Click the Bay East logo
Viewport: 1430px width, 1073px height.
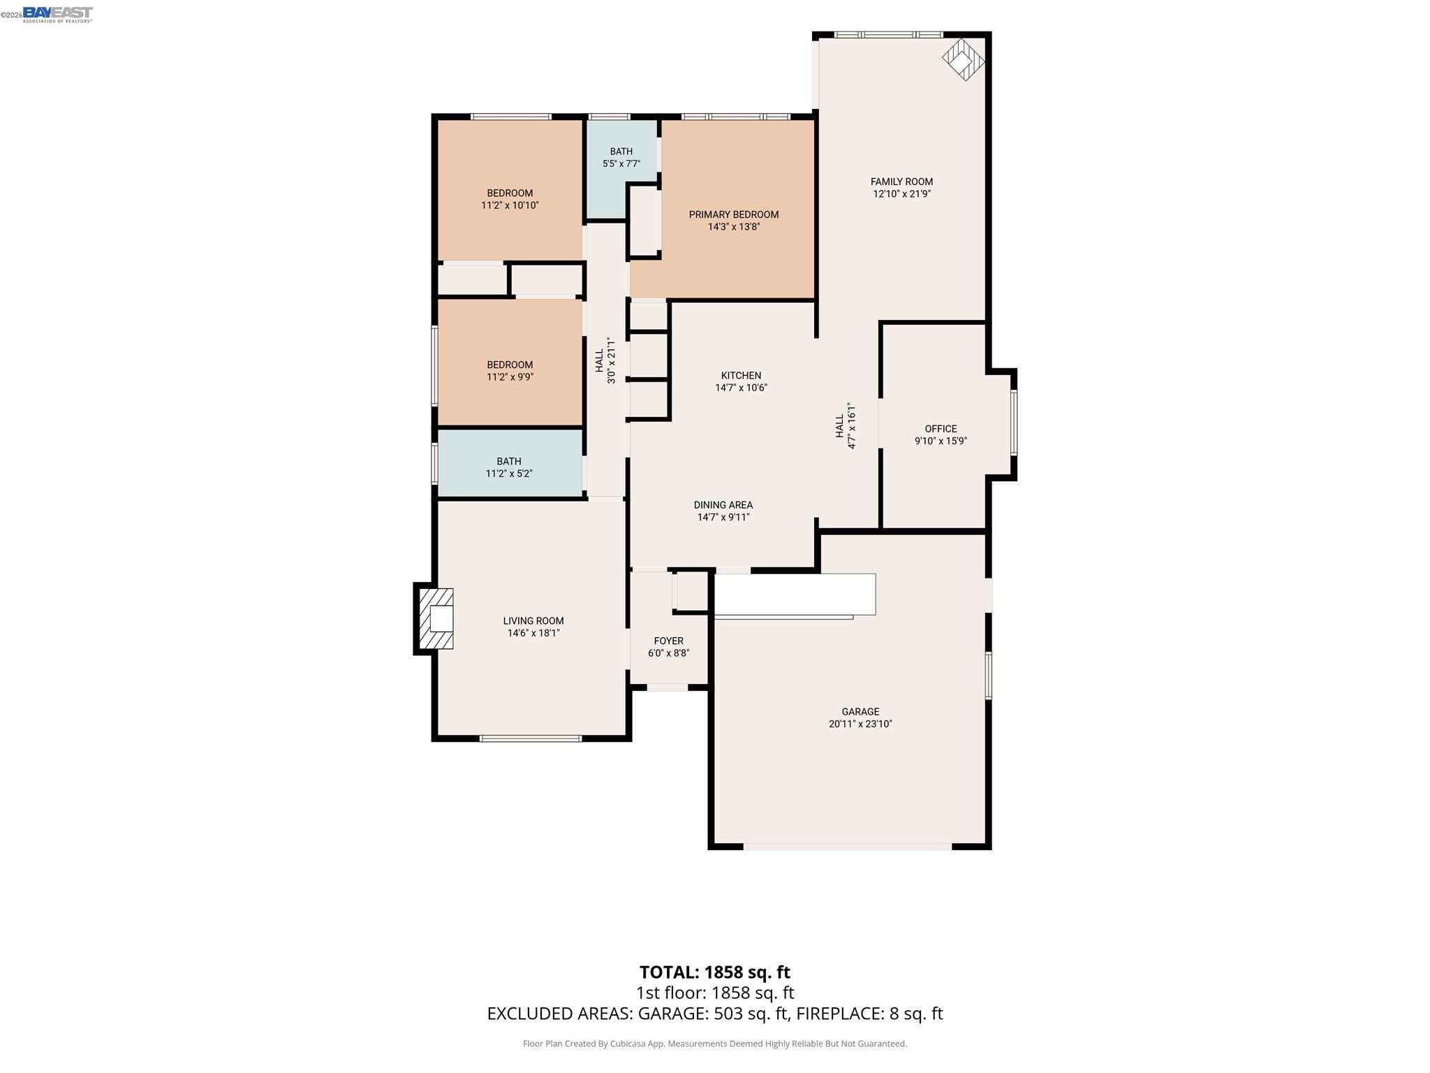pyautogui.click(x=57, y=14)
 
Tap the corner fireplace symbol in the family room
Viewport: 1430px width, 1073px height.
pyautogui.click(x=964, y=59)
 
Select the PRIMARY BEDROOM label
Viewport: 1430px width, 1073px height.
pyautogui.click(x=733, y=214)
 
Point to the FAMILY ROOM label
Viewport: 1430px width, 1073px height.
pyautogui.click(x=901, y=182)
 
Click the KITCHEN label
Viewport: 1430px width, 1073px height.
pyautogui.click(x=741, y=376)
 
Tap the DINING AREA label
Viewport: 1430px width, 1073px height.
pyautogui.click(x=723, y=505)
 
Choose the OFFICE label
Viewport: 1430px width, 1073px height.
pyautogui.click(x=941, y=429)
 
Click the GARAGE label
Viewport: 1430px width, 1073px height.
pyautogui.click(x=860, y=712)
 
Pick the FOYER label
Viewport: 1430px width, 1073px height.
pyautogui.click(x=668, y=641)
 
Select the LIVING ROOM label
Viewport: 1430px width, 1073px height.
pyautogui.click(x=533, y=621)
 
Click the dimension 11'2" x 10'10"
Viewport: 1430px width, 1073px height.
pyautogui.click(x=510, y=205)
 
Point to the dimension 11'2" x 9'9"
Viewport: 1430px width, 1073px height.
pyautogui.click(x=510, y=377)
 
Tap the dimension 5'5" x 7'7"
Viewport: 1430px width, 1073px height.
pyautogui.click(x=621, y=164)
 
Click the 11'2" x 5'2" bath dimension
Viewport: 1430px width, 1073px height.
pyautogui.click(x=509, y=474)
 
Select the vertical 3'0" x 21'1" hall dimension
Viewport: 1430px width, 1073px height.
pyautogui.click(x=611, y=360)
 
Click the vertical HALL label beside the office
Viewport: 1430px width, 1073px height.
pyautogui.click(x=839, y=426)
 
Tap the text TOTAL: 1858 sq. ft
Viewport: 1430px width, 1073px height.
pyautogui.click(x=715, y=972)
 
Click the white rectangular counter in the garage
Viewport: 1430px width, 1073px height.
pyautogui.click(x=795, y=594)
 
